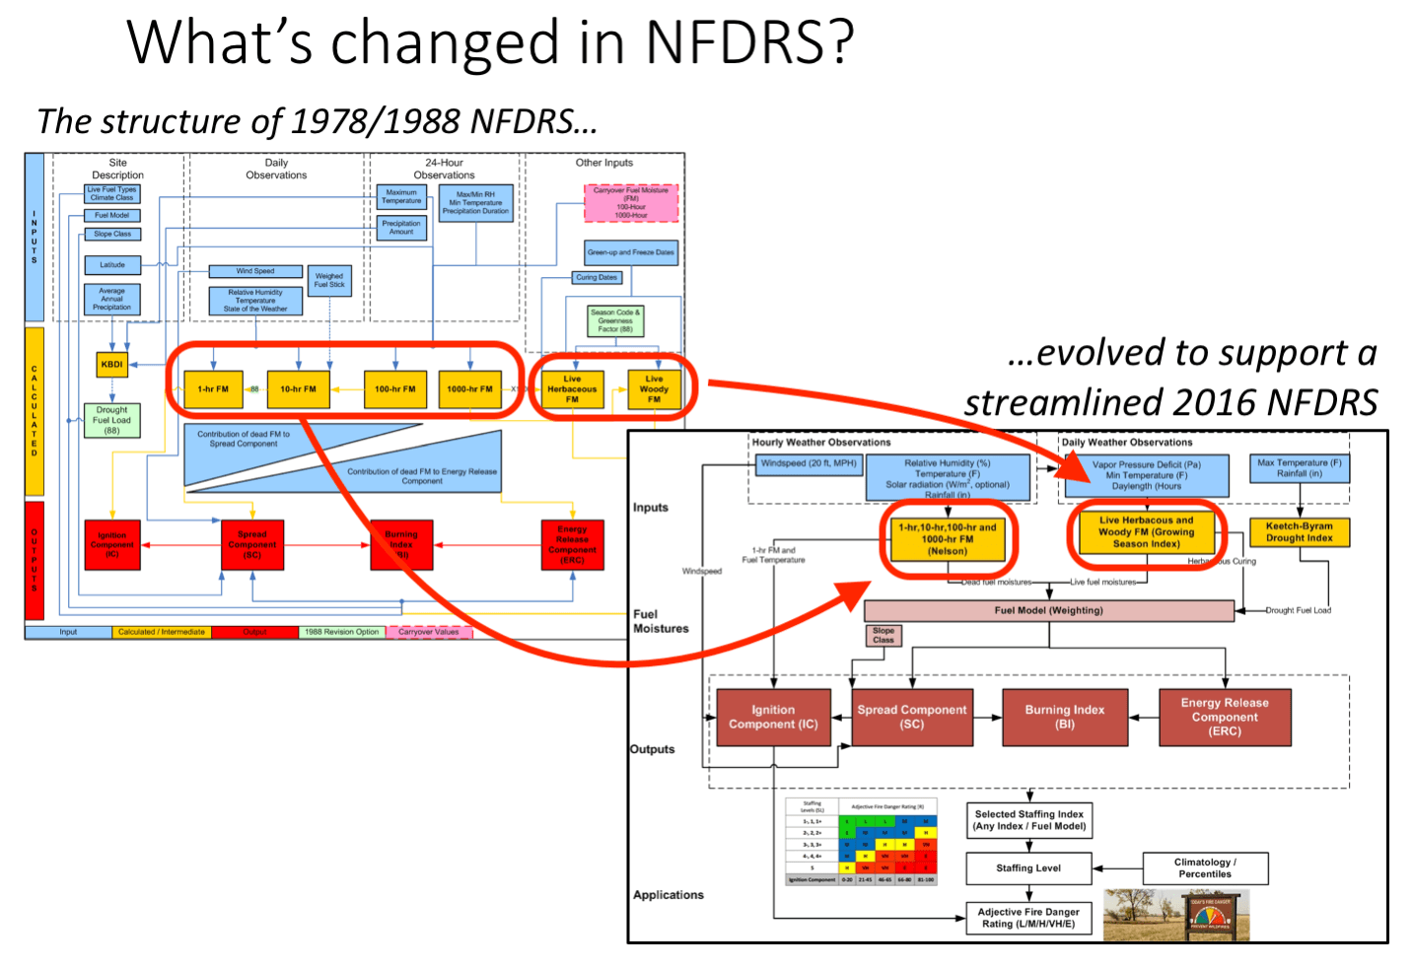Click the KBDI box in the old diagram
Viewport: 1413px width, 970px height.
(x=112, y=364)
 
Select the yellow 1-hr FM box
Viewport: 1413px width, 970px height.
(x=213, y=389)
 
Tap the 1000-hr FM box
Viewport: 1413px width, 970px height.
(x=469, y=389)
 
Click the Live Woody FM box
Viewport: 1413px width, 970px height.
(x=654, y=389)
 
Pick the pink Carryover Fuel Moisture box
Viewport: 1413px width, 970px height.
(x=631, y=203)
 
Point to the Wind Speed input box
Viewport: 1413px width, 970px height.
(x=255, y=271)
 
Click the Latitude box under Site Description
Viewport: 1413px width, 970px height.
(x=112, y=265)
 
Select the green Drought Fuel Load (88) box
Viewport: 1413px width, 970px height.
(x=112, y=420)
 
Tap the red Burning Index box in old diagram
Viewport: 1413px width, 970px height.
(x=401, y=545)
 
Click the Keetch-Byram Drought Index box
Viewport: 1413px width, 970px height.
(x=1299, y=532)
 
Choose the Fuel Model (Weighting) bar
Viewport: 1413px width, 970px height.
(x=1048, y=610)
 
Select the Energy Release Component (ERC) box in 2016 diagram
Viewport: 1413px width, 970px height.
(x=1225, y=717)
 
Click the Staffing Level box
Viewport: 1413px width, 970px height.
(x=1028, y=868)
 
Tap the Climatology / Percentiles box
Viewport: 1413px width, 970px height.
(x=1205, y=868)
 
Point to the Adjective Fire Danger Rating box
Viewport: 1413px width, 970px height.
(x=1028, y=918)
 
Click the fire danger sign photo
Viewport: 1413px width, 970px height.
(x=1176, y=915)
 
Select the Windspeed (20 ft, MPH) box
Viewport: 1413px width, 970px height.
(x=809, y=463)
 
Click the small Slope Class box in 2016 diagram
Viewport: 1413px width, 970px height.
(x=883, y=635)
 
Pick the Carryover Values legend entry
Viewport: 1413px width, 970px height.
(x=429, y=632)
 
